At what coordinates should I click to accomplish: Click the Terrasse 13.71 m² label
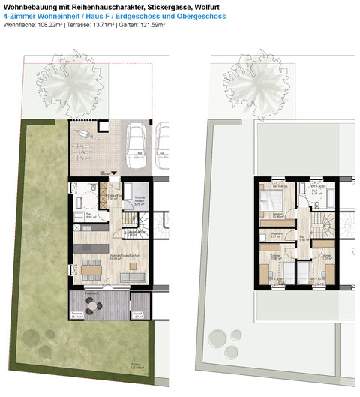point(76,316)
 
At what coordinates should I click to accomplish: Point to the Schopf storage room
point(138,315)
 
